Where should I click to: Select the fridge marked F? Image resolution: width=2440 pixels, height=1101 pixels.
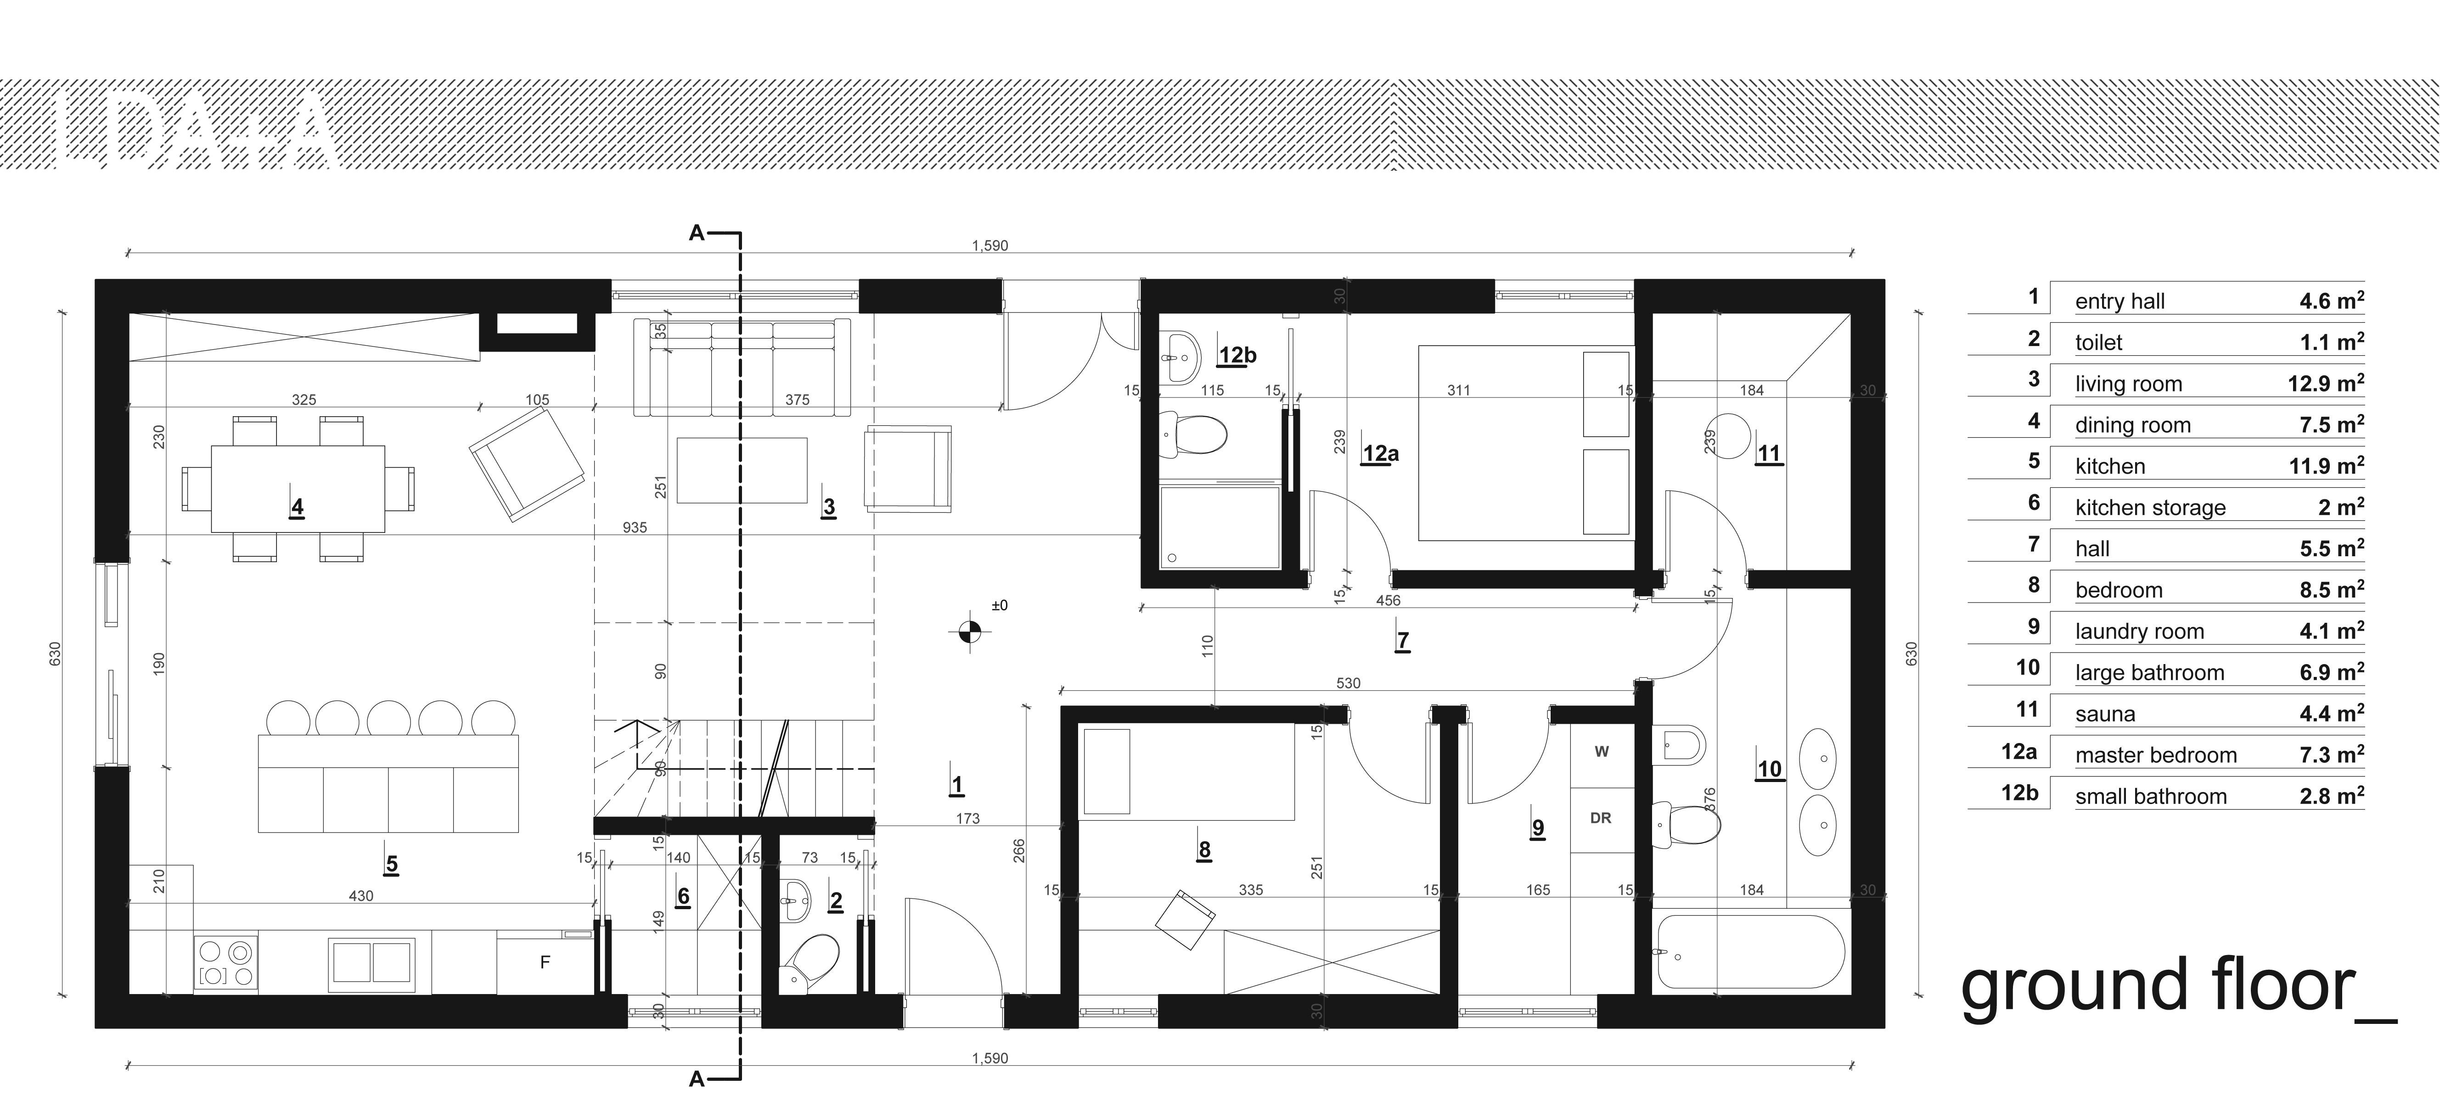(545, 963)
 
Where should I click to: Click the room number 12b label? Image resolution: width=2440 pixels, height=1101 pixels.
(1237, 356)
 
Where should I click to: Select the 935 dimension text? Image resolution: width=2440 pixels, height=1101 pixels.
(635, 527)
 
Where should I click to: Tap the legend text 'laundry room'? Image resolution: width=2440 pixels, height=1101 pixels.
(2139, 632)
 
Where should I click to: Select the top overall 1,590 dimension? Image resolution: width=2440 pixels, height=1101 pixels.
(990, 245)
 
